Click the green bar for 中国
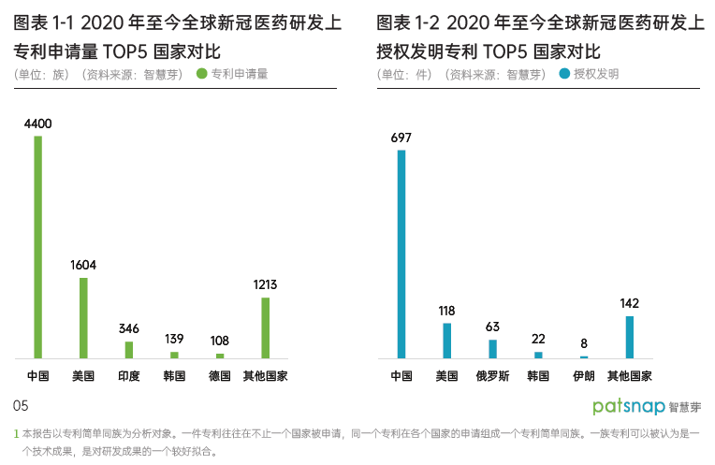[x=38, y=247]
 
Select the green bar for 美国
[x=83, y=318]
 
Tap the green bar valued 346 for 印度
[x=129, y=349]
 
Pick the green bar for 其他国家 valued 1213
[x=265, y=327]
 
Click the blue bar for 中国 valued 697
[x=401, y=254]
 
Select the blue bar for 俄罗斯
[x=492, y=348]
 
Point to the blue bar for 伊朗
[x=583, y=356]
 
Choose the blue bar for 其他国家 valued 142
[x=629, y=337]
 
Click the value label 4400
[x=38, y=124]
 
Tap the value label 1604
[x=83, y=265]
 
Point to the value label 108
[x=219, y=341]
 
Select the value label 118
[x=446, y=311]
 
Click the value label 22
[x=537, y=339]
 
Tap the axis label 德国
[x=219, y=376]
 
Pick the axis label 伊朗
[x=583, y=376]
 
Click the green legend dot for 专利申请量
[x=202, y=73]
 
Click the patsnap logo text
[x=629, y=407]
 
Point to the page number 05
[x=22, y=405]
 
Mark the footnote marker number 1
[x=16, y=433]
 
